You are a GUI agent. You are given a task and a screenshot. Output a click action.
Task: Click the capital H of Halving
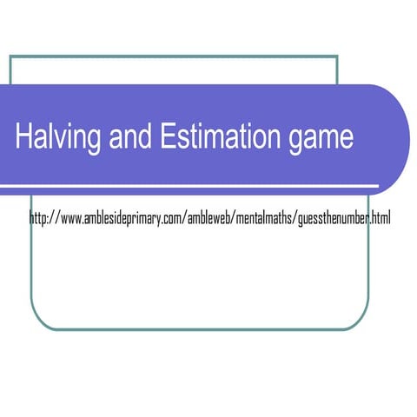pos(23,136)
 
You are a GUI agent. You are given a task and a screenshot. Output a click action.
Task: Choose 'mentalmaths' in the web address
pos(266,218)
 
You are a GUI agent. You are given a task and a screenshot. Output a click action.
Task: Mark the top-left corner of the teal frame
pos(10,56)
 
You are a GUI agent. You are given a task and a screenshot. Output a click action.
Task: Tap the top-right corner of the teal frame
pos(337,56)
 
